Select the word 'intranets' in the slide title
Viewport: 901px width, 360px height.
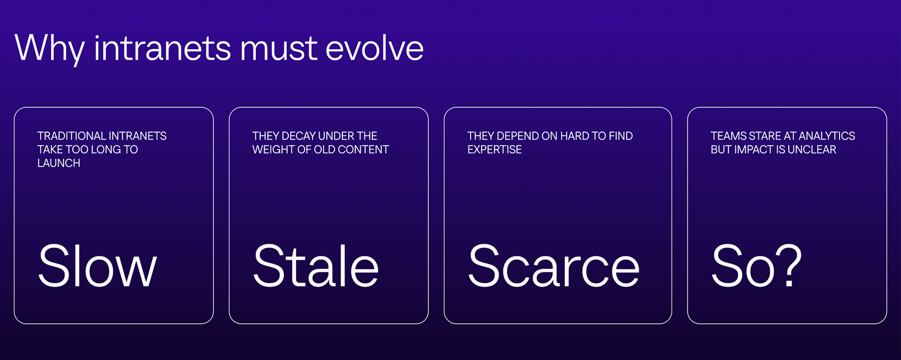point(162,48)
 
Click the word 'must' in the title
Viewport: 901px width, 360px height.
point(279,50)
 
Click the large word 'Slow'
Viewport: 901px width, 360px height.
point(97,266)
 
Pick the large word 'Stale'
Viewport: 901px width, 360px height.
point(316,266)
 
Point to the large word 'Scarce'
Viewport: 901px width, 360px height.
point(554,266)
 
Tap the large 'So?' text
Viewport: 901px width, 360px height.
point(756,266)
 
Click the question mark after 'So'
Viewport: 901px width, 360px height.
point(789,266)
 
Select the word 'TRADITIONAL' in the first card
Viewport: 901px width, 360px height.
point(71,136)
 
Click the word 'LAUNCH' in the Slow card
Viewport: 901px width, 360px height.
point(59,163)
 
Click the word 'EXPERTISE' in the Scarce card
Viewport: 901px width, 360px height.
point(494,150)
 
